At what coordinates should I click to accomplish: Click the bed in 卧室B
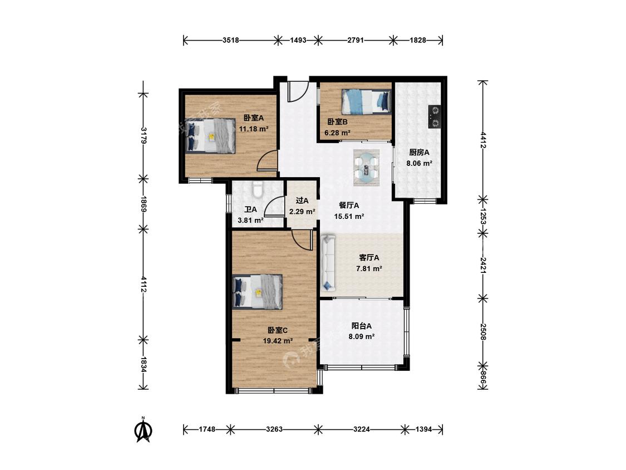click(x=366, y=101)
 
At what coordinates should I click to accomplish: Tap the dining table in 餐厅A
click(x=367, y=168)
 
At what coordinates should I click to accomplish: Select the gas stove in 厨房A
click(x=435, y=117)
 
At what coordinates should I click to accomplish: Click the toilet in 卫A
click(x=258, y=190)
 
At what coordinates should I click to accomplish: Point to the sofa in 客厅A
click(x=328, y=263)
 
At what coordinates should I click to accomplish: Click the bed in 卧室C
click(x=258, y=291)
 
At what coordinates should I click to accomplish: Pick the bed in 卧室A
click(x=210, y=135)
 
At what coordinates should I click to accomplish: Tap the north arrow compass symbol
click(x=144, y=430)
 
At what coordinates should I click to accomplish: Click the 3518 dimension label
click(x=231, y=40)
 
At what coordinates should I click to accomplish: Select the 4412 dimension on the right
click(x=483, y=140)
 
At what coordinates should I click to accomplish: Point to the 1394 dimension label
click(x=423, y=430)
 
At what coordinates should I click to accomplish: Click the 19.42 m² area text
click(x=278, y=341)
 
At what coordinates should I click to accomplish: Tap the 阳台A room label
click(x=361, y=326)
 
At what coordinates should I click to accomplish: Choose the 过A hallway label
click(x=302, y=200)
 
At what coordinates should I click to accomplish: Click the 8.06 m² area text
click(x=419, y=164)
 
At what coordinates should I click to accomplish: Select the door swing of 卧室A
click(x=267, y=161)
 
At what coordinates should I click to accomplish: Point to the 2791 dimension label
click(x=356, y=40)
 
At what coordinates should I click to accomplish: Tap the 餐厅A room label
click(x=349, y=205)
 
